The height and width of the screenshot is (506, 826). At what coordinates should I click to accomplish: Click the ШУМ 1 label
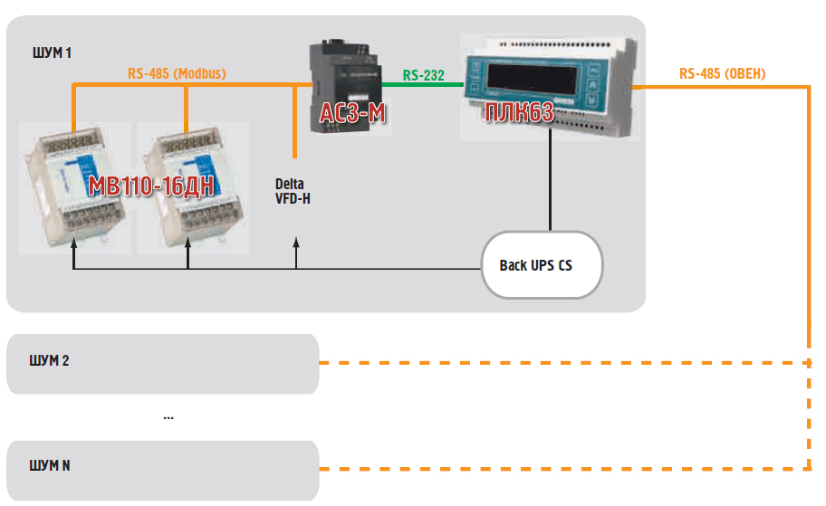[x=52, y=53]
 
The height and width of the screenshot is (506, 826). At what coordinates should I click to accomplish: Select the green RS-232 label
[x=424, y=75]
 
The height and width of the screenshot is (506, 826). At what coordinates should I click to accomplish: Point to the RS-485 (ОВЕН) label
[x=722, y=74]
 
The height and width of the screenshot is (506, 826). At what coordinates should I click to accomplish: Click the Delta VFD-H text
[x=293, y=191]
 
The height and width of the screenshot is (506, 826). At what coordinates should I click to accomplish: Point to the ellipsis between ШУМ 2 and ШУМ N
[x=168, y=417]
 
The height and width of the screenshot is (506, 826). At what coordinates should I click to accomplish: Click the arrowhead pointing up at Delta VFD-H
[x=296, y=242]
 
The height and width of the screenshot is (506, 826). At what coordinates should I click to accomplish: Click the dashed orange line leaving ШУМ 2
[x=562, y=363]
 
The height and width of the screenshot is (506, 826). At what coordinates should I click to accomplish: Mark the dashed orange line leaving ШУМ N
[x=562, y=469]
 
